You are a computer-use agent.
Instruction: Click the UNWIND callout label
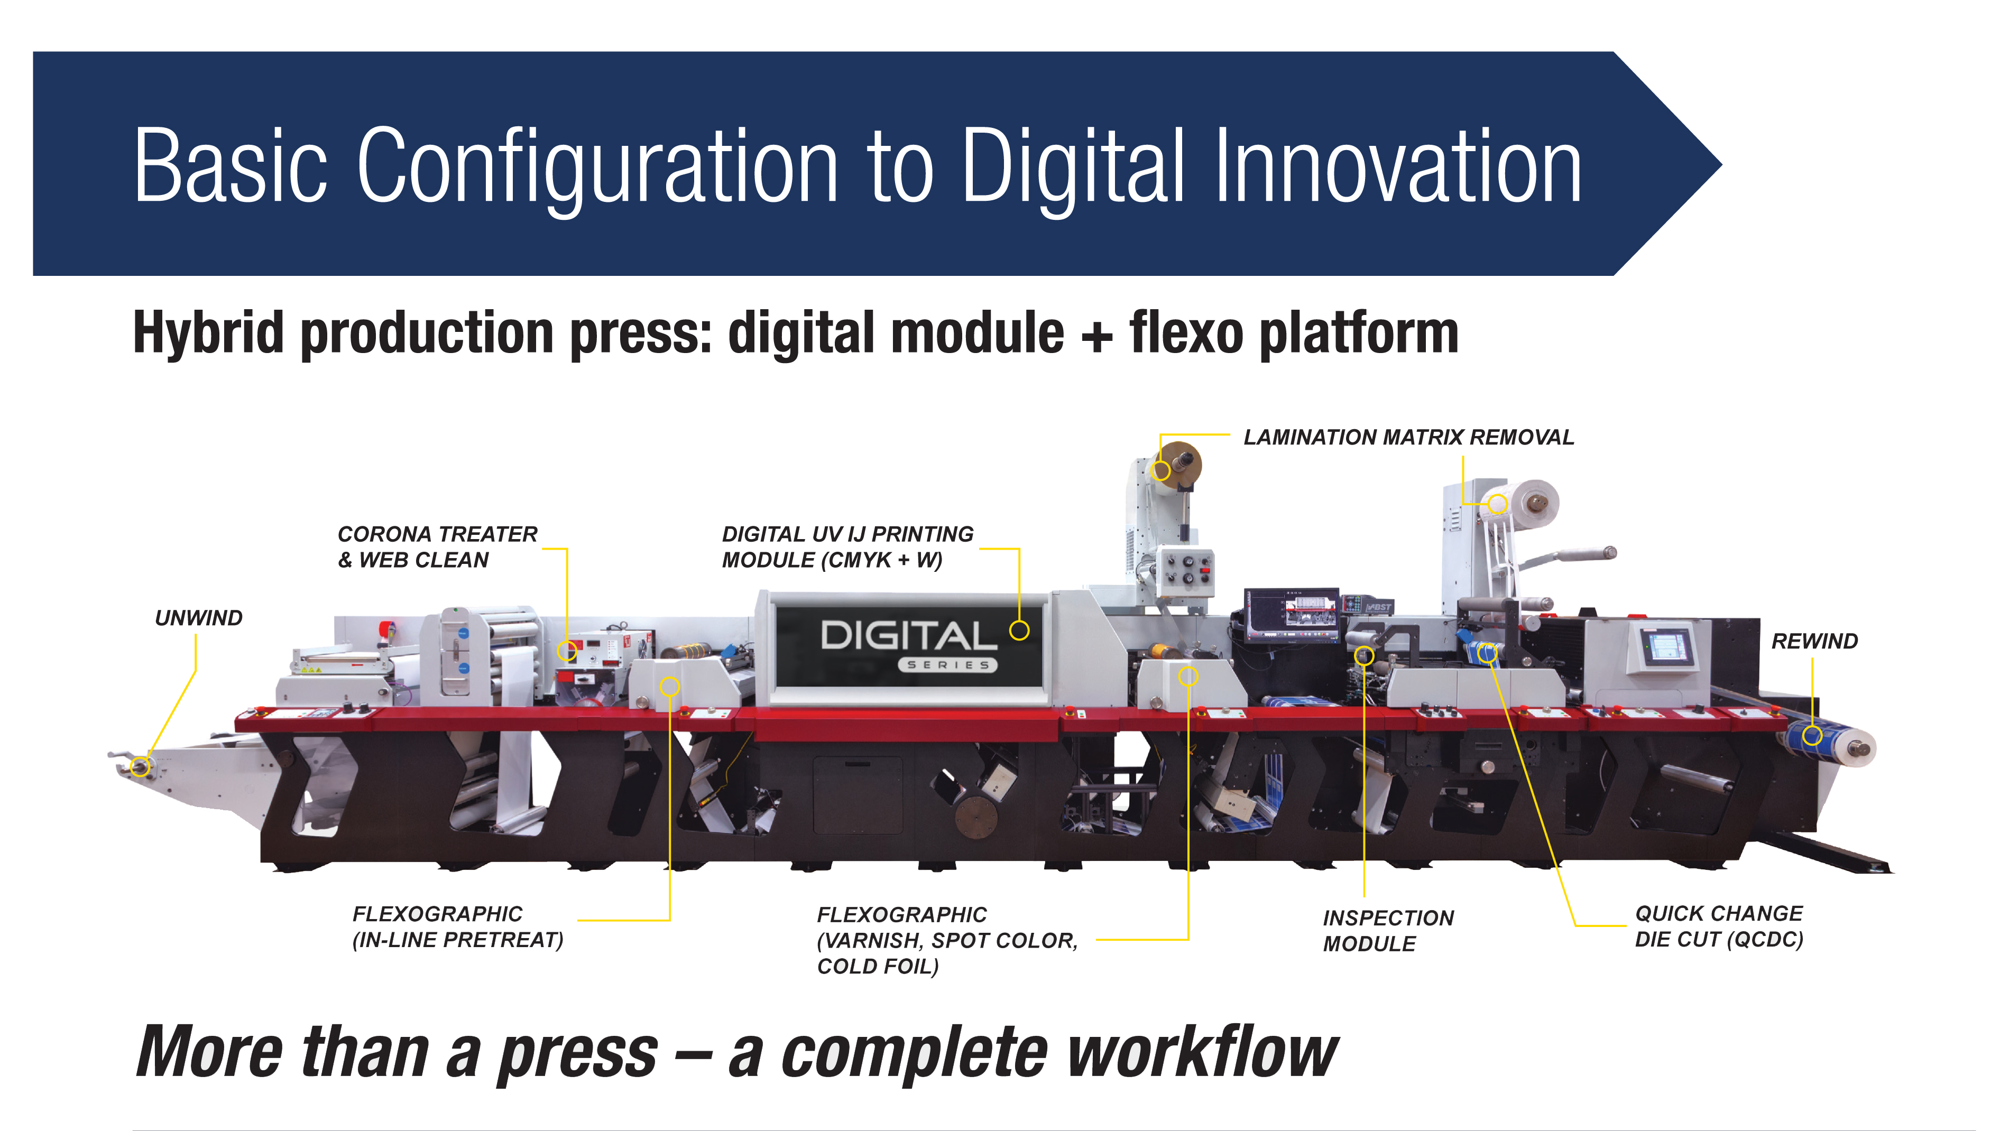198,618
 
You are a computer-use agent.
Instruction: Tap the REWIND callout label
1814,642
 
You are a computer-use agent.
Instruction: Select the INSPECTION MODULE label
1388,931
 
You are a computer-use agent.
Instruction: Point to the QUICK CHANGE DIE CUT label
1719,926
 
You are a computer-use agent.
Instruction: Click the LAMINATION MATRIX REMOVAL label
1408,437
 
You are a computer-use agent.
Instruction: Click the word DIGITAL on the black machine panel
909,636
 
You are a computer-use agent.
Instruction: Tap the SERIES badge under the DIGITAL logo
947,665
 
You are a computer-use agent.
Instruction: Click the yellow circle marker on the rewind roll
1812,735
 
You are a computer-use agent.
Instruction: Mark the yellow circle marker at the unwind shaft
141,766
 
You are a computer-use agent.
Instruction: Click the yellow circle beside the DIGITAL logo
1019,631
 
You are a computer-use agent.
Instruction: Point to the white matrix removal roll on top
1528,503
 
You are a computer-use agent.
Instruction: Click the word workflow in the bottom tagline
1202,1052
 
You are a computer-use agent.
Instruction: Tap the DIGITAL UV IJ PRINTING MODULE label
847,547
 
